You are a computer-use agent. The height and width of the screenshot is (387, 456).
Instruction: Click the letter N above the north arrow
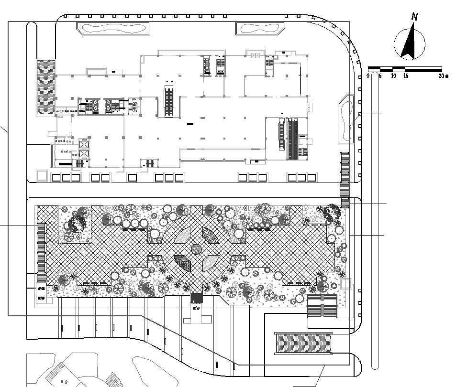[x=415, y=17]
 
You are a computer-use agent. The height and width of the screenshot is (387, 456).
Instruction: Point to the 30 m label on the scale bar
[x=444, y=76]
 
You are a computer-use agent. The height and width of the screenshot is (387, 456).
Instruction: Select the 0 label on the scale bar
[x=368, y=76]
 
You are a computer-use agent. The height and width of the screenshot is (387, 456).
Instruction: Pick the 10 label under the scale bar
[x=393, y=76]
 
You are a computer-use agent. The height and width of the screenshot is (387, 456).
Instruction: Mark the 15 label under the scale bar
[x=406, y=76]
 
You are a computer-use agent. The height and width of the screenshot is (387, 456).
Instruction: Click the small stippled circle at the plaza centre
[x=197, y=248]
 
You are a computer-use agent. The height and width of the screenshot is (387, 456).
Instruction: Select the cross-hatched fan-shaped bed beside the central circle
[x=210, y=235]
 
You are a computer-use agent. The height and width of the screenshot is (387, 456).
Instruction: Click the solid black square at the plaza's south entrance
[x=197, y=298]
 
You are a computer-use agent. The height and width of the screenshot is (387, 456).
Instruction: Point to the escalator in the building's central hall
[x=168, y=101]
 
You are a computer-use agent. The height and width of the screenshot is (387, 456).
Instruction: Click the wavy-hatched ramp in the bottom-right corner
[x=303, y=343]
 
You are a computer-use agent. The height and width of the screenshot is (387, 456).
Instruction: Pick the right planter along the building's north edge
[x=260, y=28]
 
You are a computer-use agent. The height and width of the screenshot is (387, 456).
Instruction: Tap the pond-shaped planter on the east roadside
[x=345, y=119]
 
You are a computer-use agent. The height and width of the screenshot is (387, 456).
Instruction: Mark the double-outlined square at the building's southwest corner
[x=42, y=175]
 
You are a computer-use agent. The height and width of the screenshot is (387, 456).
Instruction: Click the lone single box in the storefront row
[x=133, y=178]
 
